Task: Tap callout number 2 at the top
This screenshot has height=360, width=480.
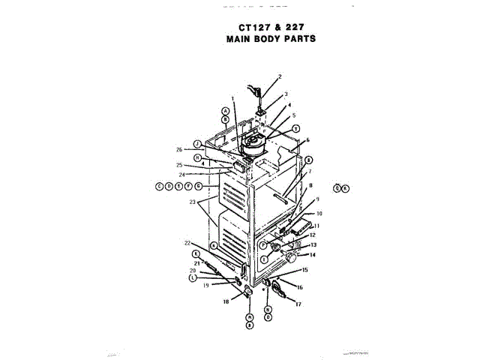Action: coord(279,76)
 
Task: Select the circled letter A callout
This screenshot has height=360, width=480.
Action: coord(224,110)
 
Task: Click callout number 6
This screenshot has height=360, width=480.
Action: coord(307,141)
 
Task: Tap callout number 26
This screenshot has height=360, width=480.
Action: coord(179,148)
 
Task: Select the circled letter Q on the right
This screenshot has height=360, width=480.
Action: coord(337,187)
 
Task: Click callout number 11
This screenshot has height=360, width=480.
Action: coord(316,226)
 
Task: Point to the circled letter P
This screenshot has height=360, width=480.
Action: coord(264,244)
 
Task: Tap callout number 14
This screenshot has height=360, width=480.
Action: coord(313,255)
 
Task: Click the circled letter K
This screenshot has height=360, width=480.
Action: coord(196,254)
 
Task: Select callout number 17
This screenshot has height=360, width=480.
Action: coord(298,304)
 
